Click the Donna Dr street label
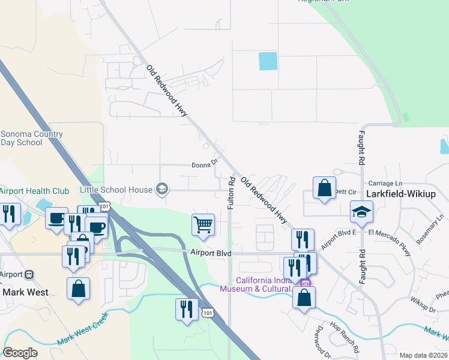203,166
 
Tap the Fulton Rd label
231,193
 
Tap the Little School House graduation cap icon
161,190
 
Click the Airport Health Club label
34,191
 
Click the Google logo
19,353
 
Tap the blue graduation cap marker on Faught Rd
361,212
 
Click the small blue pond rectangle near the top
268,61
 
